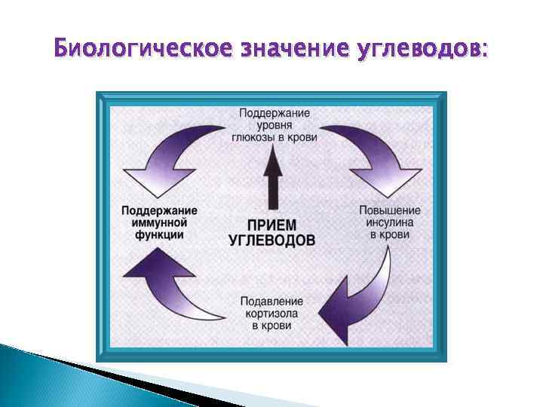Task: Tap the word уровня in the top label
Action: (x=275, y=125)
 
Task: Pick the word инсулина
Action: (x=390, y=222)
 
